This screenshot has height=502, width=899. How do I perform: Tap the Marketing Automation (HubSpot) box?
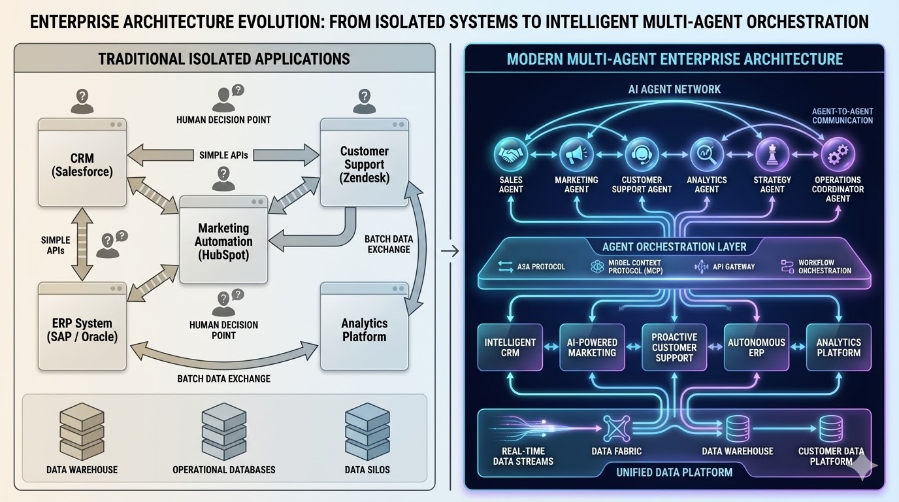[x=223, y=241]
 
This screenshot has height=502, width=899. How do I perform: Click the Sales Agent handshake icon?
[x=511, y=156]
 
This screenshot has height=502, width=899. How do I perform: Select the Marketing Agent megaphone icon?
[x=576, y=156]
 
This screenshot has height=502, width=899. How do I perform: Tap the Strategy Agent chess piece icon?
[x=772, y=156]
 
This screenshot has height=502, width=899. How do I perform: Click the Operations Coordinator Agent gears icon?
[x=838, y=156]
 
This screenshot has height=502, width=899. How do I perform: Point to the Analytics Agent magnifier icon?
[x=707, y=156]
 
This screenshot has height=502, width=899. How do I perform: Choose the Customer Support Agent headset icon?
[x=642, y=156]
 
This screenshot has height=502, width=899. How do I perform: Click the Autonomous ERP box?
[x=757, y=347]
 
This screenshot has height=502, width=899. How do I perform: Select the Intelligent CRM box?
[x=510, y=347]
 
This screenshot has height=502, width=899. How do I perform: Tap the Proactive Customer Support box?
[x=674, y=347]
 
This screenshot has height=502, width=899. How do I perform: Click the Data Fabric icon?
[x=616, y=429]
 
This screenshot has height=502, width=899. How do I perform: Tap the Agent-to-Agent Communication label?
[x=842, y=116]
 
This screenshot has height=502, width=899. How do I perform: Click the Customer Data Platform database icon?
[x=831, y=429]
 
